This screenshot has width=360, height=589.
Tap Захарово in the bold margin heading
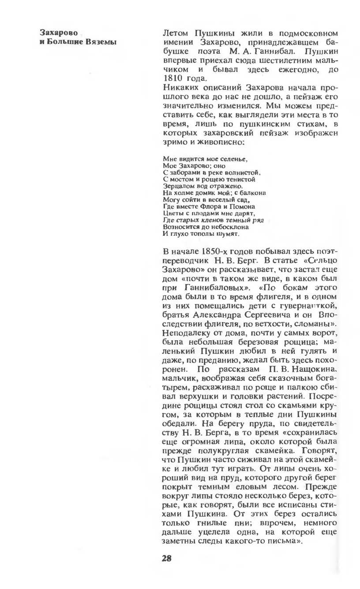[56, 33]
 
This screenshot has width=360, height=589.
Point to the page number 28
[167, 558]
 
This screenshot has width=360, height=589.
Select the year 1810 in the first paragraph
[173, 78]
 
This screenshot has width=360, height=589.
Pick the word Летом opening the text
[176, 33]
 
